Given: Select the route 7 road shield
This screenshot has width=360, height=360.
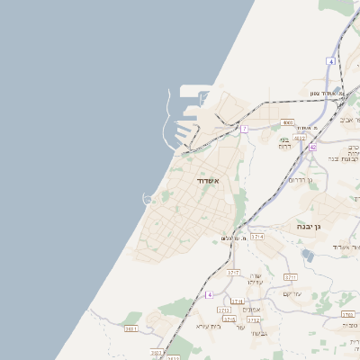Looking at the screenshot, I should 244,129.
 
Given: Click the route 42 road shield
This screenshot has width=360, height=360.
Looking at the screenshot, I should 312,147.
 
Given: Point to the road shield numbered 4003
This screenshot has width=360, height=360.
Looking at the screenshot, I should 287,122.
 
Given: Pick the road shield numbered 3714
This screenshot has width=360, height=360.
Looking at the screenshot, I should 257,236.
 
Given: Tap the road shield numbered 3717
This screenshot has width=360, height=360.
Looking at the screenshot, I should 233,272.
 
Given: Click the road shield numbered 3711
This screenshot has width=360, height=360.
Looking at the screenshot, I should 290,277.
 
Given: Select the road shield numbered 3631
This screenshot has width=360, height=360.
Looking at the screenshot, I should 131,329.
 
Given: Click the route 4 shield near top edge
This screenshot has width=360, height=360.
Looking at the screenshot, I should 331,61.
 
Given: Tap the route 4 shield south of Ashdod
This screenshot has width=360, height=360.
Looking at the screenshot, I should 209,294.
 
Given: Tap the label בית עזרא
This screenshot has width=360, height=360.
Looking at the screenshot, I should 209,326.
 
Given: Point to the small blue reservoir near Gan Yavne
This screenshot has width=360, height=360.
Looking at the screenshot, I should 309,256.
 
